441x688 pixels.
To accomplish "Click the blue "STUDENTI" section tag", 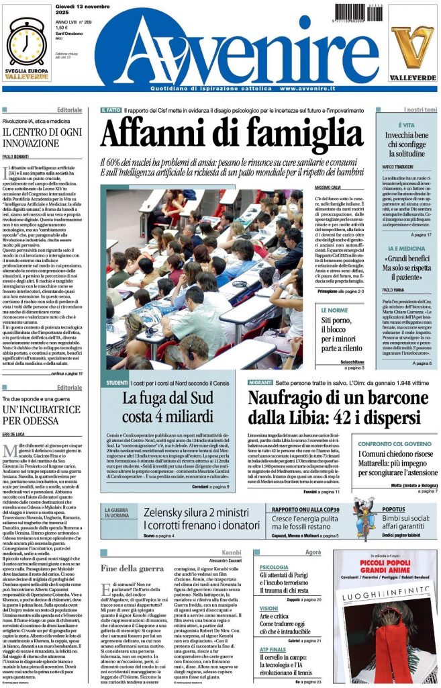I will (117, 382).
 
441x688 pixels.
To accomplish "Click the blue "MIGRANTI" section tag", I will (260, 382).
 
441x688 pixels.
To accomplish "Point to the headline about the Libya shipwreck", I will (309, 408).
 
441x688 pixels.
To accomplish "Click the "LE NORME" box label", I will (334, 310).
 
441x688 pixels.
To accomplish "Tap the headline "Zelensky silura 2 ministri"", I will (191, 512).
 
